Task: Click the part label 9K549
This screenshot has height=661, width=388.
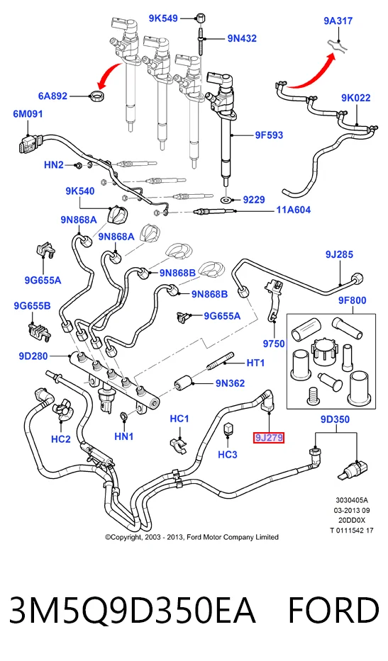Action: point(163,18)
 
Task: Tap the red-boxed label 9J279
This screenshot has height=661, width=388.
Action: point(269,438)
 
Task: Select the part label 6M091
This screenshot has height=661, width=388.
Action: point(28,114)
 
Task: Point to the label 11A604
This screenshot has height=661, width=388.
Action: point(294,210)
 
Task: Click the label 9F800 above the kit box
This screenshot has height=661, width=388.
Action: point(352,300)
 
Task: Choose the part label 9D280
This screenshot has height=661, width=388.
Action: point(33,356)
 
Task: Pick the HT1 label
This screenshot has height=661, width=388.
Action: point(255,363)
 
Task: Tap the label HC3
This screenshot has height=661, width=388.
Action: point(228,454)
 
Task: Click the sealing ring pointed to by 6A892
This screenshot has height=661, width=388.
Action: point(99,95)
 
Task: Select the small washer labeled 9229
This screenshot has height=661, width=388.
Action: point(227,199)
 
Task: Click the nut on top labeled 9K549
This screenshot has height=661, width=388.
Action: point(201,19)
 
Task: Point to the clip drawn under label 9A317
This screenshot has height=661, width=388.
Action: point(338,45)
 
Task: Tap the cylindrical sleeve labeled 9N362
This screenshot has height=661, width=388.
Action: point(184,383)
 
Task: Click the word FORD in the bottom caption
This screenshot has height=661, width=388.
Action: point(333,611)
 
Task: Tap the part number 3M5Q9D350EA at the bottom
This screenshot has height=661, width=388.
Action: point(132,611)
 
